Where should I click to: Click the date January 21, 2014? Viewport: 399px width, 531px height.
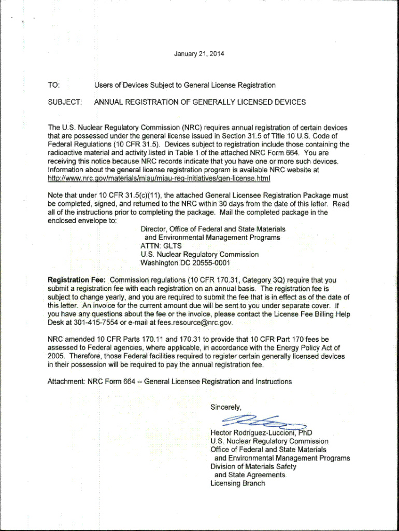click(x=199, y=54)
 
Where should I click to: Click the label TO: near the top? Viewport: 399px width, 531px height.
click(x=54, y=85)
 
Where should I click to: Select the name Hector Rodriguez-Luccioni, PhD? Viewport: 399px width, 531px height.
click(x=261, y=433)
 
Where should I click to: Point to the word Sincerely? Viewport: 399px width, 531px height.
click(x=226, y=407)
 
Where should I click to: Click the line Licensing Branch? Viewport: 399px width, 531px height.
click(x=237, y=483)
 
